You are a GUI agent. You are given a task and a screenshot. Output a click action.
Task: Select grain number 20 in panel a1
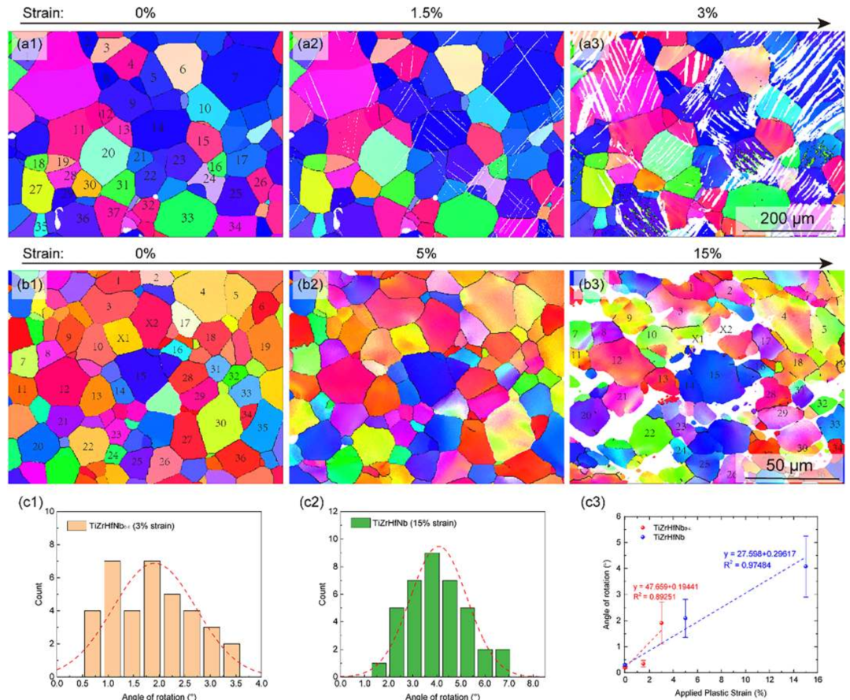109,153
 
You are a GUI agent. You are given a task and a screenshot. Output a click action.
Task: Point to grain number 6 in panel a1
183,69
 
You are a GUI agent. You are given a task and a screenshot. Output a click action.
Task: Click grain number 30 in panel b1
220,423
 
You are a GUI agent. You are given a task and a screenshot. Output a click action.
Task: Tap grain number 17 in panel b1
185,323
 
